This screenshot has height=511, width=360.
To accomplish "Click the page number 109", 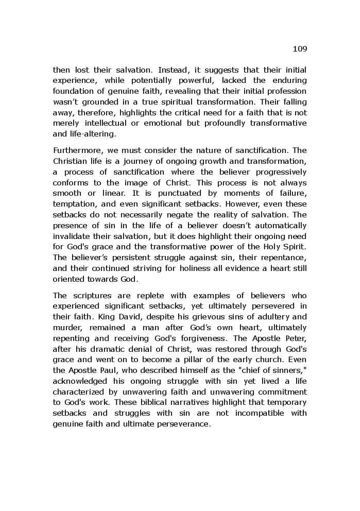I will tap(300, 49).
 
